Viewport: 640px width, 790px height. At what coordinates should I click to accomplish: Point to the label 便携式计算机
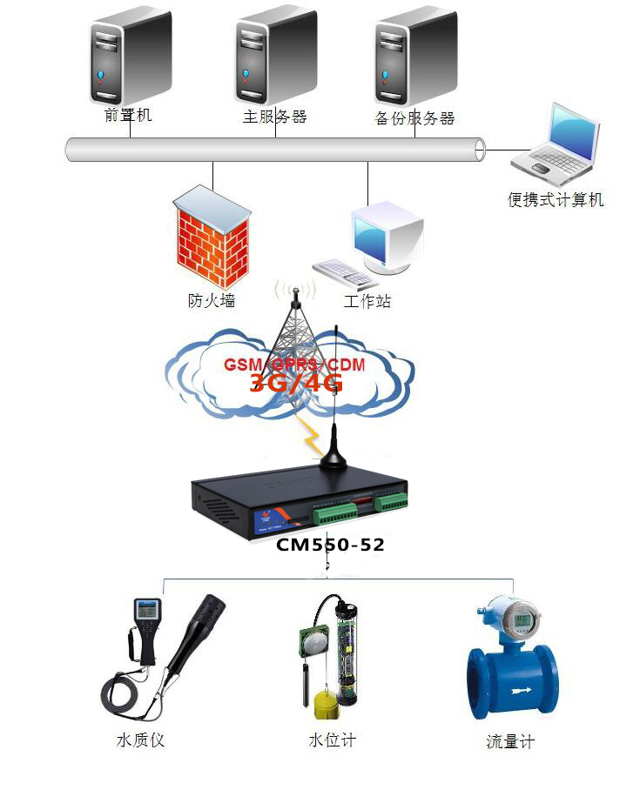pyautogui.click(x=556, y=200)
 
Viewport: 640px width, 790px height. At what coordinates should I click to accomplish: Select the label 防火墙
pyautogui.click(x=212, y=301)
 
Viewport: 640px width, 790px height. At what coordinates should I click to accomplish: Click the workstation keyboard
pyautogui.click(x=345, y=272)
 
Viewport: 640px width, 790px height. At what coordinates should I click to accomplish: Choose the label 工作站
pyautogui.click(x=367, y=301)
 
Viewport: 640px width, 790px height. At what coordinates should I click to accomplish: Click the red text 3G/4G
pyautogui.click(x=296, y=384)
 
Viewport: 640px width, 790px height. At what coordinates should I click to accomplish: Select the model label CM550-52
pyautogui.click(x=330, y=546)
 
